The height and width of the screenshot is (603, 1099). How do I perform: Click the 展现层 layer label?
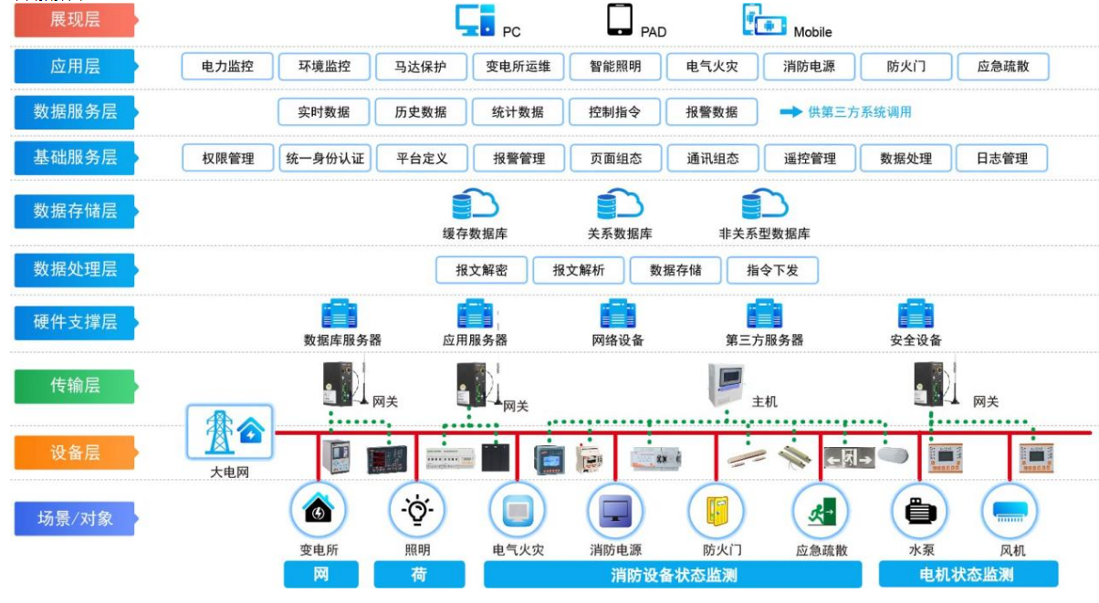(x=74, y=20)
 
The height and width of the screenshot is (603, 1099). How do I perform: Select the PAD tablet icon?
(x=620, y=20)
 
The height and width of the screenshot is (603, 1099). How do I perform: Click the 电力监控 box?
(x=227, y=67)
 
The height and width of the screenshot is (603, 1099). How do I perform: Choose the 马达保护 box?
(x=421, y=67)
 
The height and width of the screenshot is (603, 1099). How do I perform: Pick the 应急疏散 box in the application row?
(x=1001, y=67)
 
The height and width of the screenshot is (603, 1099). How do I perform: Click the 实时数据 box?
(x=324, y=112)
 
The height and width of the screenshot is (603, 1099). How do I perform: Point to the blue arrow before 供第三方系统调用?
(x=790, y=112)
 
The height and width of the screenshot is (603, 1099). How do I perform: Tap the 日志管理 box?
(x=1001, y=158)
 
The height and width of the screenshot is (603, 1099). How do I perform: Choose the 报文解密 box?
(x=481, y=270)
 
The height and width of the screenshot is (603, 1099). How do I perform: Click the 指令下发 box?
(x=772, y=270)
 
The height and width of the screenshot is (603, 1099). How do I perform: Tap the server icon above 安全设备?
(x=915, y=315)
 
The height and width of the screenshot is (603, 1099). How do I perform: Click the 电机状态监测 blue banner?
(x=968, y=575)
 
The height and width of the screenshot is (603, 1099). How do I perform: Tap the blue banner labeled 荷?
(x=418, y=575)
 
